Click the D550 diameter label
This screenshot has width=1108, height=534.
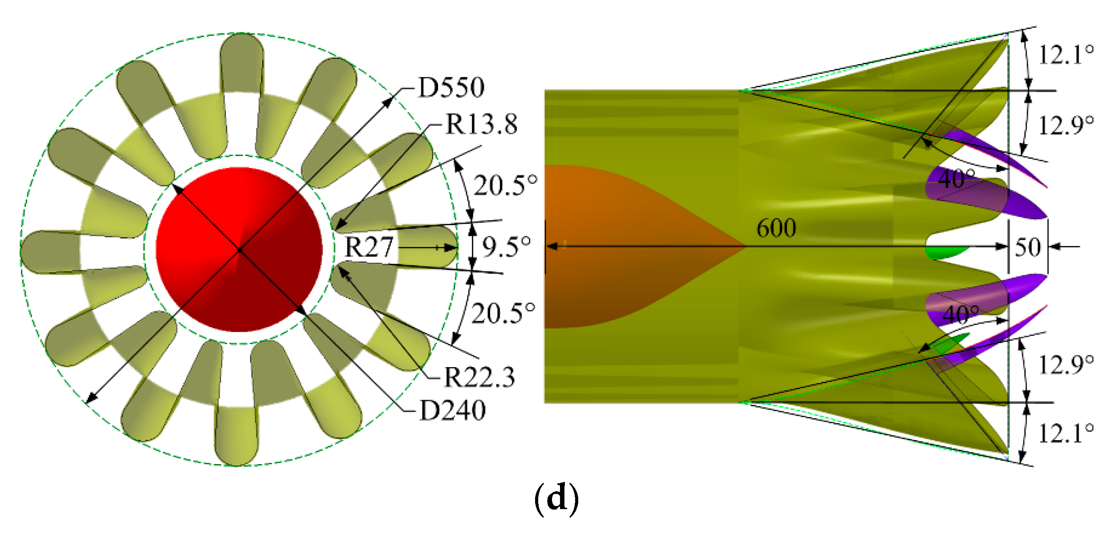[x=451, y=88]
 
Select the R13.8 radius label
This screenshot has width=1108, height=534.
[x=481, y=124]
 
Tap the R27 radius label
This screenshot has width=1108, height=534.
[x=369, y=247]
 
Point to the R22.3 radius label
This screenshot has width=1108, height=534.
[x=479, y=377]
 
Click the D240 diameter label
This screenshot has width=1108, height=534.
[x=452, y=410]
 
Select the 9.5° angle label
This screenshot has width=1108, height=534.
[x=506, y=247]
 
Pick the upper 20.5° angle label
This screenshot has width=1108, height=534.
[x=505, y=185]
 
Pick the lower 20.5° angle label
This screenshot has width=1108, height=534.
[x=503, y=313]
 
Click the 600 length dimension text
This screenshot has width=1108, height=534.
[x=776, y=229]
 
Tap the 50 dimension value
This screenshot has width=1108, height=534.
[x=1028, y=247]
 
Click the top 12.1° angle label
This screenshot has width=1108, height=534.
[x=1066, y=56]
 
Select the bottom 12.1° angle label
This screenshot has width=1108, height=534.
[x=1066, y=433]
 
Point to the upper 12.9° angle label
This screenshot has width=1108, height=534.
[x=1066, y=125]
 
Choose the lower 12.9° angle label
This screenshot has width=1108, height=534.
[x=1066, y=365]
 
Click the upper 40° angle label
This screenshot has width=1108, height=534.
[x=956, y=179]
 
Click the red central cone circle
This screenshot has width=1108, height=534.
[x=239, y=249]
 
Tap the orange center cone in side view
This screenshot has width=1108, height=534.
[x=623, y=247]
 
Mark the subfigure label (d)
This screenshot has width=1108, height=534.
[x=556, y=499]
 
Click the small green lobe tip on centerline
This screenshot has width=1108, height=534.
[x=945, y=252]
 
